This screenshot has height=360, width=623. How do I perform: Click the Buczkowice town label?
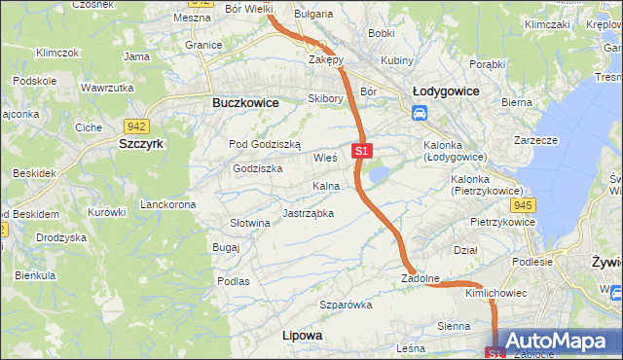(x=245, y=102)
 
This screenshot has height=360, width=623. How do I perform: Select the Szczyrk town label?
(x=141, y=143)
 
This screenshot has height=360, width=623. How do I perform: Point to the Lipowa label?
(x=301, y=335)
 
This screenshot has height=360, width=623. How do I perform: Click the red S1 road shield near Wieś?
(x=361, y=151)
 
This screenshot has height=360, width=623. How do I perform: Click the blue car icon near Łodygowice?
(x=420, y=113)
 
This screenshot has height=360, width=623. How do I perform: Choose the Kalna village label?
(x=325, y=186)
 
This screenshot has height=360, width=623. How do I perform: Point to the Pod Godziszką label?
(x=265, y=144)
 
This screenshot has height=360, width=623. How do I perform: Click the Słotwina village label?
(x=249, y=223)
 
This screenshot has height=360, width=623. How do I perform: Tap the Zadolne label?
(x=421, y=278)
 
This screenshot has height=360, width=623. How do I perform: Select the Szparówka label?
(x=347, y=305)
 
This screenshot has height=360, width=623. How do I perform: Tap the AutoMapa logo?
(x=556, y=342)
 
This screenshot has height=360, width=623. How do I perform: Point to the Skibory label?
(x=325, y=98)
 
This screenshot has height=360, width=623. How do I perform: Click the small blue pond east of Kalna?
(x=379, y=175)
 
